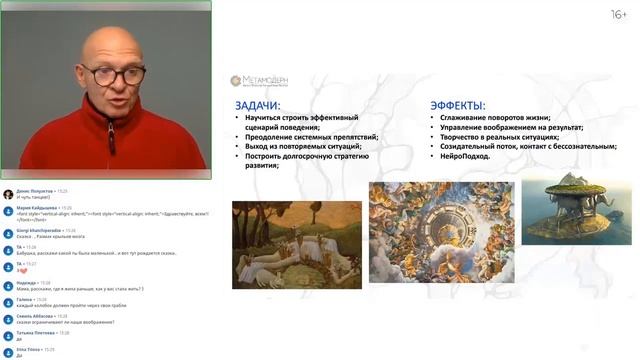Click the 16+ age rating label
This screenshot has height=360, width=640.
point(619,14)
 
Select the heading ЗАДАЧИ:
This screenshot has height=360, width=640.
point(257,104)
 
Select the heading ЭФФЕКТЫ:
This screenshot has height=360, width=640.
point(458,104)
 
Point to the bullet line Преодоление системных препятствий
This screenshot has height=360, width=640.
point(310,136)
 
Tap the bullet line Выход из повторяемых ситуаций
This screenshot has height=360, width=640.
point(303,146)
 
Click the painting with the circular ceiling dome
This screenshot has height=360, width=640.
point(441,231)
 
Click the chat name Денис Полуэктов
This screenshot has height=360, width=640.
point(38,190)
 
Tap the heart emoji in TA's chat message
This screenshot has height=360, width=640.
point(20,270)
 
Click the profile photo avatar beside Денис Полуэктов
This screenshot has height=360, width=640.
point(8,194)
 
